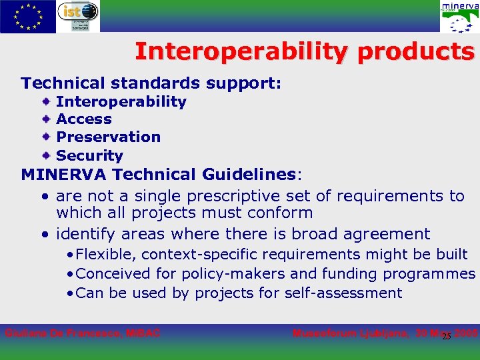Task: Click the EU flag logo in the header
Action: tap(28, 17)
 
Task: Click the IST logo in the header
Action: tap(78, 17)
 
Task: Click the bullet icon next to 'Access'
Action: tap(46, 119)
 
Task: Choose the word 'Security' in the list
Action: tap(89, 155)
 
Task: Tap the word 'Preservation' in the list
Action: tap(108, 137)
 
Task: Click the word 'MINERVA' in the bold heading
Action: tap(64, 175)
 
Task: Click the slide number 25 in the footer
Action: tap(446, 336)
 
